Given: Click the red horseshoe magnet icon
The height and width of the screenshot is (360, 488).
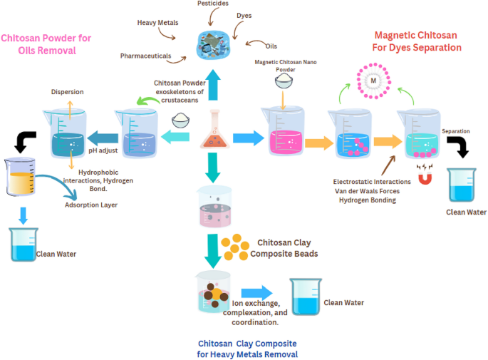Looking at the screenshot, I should point(426,176).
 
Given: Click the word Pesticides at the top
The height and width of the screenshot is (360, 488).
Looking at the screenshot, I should point(212,4).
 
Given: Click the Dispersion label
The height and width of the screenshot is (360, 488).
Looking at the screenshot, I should point(68,92).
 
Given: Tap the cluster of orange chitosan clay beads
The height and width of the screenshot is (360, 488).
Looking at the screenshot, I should point(233,247).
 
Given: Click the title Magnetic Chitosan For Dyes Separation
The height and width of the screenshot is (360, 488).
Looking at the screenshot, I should point(416,41).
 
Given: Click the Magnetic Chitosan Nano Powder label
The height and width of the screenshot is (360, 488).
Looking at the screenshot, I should point(285,66).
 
